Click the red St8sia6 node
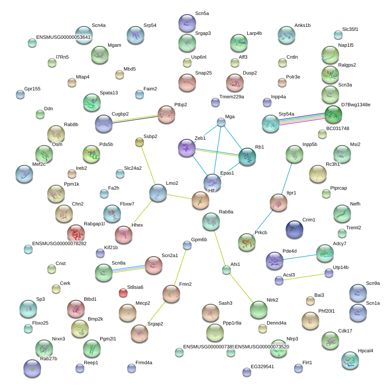(x=123, y=292)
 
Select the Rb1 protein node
(x=247, y=157)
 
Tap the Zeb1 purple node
(x=186, y=148)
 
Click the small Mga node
(x=221, y=122)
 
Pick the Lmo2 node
(x=158, y=193)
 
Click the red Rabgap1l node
(x=76, y=233)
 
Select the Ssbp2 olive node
(x=140, y=142)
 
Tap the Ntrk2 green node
(x=258, y=309)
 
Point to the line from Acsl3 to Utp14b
(x=304, y=276)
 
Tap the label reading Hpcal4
(x=365, y=351)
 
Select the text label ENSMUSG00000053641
(x=63, y=37)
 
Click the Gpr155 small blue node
(x=20, y=94)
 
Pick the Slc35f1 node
(x=338, y=35)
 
